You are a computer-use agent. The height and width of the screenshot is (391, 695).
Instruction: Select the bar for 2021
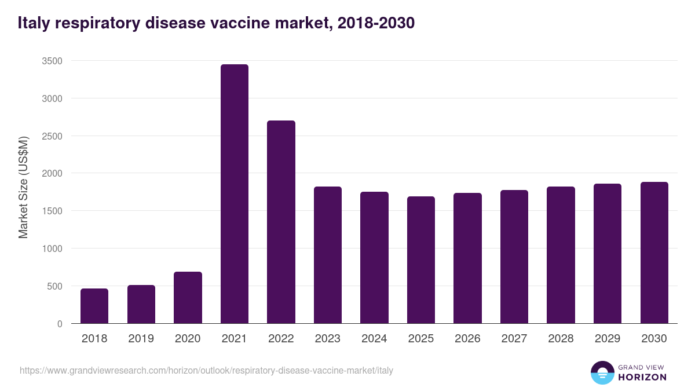(x=234, y=194)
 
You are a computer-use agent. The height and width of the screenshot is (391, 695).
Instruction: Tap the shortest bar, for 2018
(x=94, y=306)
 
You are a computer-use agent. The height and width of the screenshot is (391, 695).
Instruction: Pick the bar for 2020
(x=188, y=298)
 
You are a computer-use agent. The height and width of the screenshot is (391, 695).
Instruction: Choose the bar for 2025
(x=420, y=260)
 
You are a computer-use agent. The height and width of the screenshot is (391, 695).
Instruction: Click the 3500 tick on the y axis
(x=52, y=61)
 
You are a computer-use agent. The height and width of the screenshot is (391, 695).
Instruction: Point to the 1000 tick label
(x=52, y=249)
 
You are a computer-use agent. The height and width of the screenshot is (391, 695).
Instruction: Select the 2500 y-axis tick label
(x=52, y=136)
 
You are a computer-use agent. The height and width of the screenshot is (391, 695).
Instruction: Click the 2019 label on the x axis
(x=141, y=339)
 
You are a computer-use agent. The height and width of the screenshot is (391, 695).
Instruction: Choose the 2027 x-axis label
(x=514, y=339)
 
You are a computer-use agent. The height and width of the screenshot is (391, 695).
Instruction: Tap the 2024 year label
(x=374, y=339)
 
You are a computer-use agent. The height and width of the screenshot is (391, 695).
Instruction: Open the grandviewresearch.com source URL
(x=206, y=370)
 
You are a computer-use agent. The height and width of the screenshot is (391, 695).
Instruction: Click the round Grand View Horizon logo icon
(x=602, y=372)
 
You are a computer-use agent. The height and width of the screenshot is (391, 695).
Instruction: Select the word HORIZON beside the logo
(x=642, y=377)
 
